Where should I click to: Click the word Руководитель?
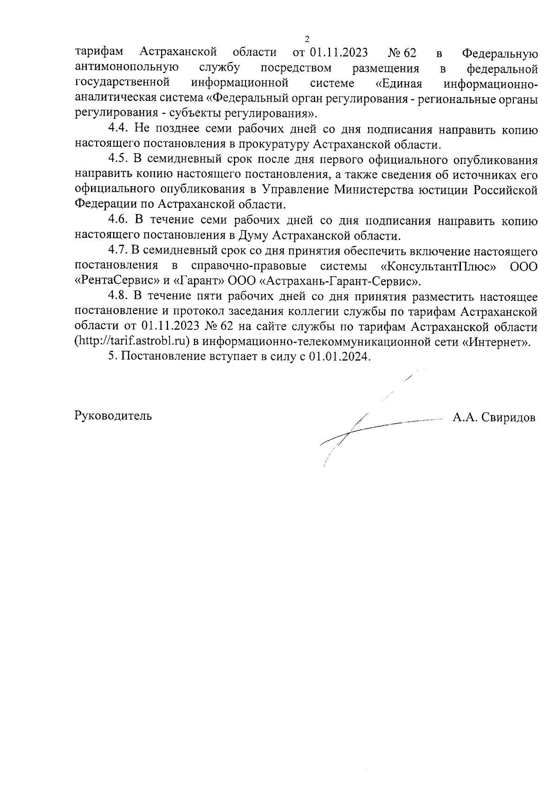(x=113, y=416)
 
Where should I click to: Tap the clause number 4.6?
(x=119, y=220)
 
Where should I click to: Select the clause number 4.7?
(x=119, y=251)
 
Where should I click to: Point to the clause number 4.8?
(x=119, y=296)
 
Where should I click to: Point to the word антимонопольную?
(x=127, y=68)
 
